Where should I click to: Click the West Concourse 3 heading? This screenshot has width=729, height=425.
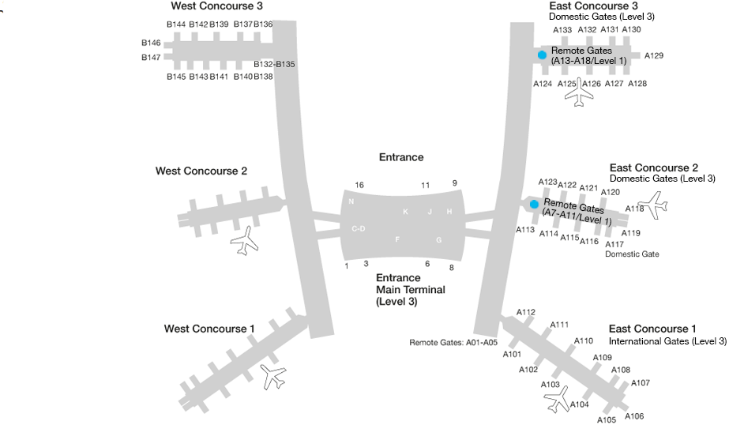coord(216,6)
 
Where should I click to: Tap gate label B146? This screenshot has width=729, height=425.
coord(151,43)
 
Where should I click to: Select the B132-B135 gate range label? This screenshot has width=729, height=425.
coord(274,64)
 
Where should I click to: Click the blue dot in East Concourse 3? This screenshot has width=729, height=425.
coord(542,55)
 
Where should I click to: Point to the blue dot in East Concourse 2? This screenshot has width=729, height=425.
coord(534,204)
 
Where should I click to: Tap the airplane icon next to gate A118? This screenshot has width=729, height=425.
coord(652,205)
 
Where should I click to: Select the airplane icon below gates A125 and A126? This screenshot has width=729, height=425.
coord(581,92)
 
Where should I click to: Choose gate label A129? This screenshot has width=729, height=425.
coord(654,56)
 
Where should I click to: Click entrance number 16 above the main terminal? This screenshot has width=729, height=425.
coord(359,185)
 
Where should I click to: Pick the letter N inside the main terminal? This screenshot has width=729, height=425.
coord(351,201)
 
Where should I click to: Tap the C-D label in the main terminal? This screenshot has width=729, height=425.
coord(359,228)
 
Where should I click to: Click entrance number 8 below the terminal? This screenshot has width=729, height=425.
coord(451,268)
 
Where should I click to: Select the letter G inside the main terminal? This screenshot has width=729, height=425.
coord(439,239)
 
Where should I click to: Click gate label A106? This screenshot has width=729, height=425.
coord(634,416)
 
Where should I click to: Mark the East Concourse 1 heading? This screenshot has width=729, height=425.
coord(652,329)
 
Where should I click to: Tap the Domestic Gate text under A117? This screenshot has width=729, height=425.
coord(632,254)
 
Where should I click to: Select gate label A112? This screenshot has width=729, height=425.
coord(526,313)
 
